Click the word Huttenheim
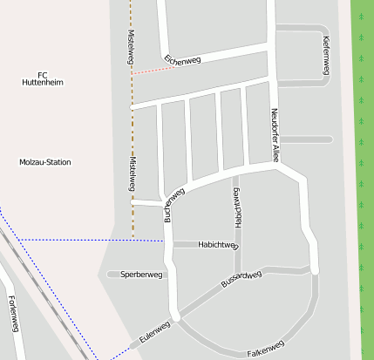tap(43, 82)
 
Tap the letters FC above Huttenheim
tap(43, 73)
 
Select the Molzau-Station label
tap(45, 162)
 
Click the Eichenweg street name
tap(182, 59)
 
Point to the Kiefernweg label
tap(325, 55)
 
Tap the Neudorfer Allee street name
tap(275, 135)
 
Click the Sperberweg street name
tap(141, 275)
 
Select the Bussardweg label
tap(241, 279)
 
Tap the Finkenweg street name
tap(12, 314)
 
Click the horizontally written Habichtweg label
tap(218, 245)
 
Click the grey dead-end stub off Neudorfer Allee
tap(307, 139)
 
